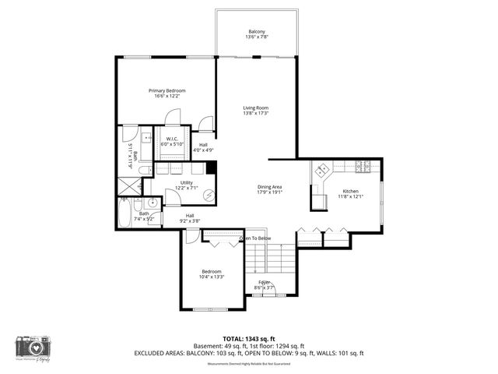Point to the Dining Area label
pyautogui.click(x=270, y=189)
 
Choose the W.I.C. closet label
pyautogui.click(x=172, y=142)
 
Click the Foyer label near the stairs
pyautogui.click(x=265, y=284)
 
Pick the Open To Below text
pyautogui.click(x=255, y=238)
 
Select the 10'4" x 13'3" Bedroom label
pyautogui.click(x=212, y=274)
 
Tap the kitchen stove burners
pyautogui.click(x=362, y=165)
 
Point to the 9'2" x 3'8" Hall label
pyautogui.click(x=190, y=218)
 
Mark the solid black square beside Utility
pyautogui.click(x=212, y=168)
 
